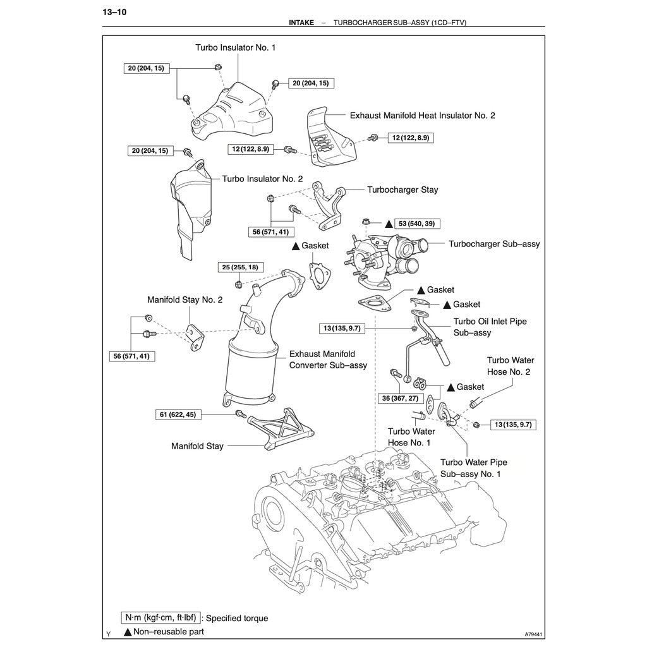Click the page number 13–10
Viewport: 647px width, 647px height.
click(x=114, y=12)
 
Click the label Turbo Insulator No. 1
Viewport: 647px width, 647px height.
click(x=235, y=47)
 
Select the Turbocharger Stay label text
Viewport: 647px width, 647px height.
click(x=402, y=190)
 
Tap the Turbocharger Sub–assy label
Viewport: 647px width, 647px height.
click(x=494, y=243)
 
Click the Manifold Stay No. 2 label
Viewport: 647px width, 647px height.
click(x=184, y=299)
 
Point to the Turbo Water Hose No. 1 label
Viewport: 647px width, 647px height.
click(x=409, y=437)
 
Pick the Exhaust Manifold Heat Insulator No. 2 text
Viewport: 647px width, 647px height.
click(x=422, y=116)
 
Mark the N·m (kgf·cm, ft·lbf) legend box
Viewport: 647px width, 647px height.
click(x=161, y=618)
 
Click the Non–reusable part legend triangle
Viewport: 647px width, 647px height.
click(x=128, y=631)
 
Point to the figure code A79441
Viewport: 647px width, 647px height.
click(x=534, y=634)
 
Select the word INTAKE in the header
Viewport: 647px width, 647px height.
click(x=301, y=22)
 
